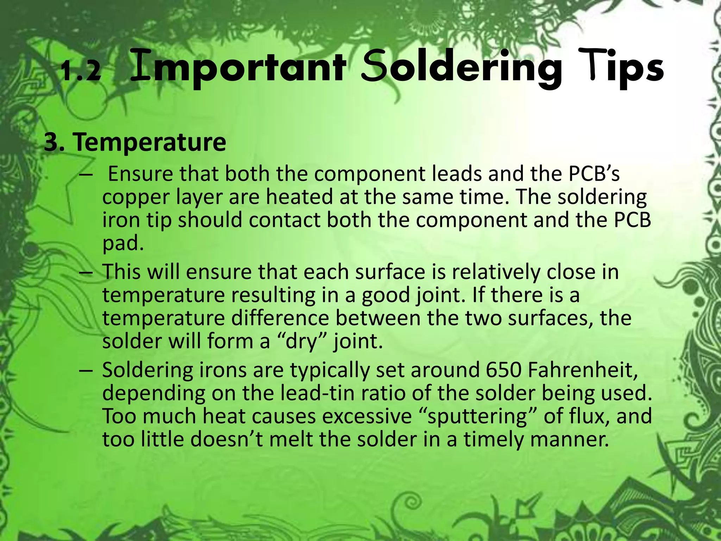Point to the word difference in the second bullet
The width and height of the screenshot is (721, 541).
(280, 318)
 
